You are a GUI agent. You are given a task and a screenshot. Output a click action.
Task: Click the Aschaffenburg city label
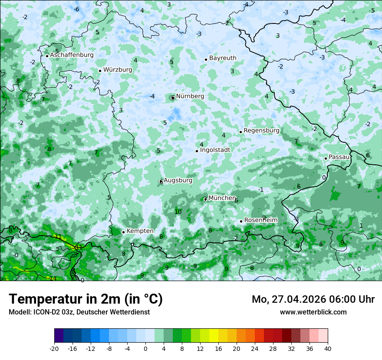click(x=72, y=55)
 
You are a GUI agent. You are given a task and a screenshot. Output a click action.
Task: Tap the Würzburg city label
click(x=118, y=69)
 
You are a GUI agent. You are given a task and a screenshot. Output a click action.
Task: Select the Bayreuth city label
click(x=223, y=58)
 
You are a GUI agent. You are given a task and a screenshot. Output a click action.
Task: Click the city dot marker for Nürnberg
click(x=173, y=98)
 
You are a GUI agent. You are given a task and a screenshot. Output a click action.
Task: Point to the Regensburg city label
click(x=261, y=131)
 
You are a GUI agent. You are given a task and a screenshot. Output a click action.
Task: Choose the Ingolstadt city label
click(x=215, y=150)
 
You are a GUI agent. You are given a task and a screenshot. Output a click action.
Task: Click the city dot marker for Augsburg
click(x=161, y=182)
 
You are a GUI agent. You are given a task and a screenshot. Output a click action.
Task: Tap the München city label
click(x=222, y=198)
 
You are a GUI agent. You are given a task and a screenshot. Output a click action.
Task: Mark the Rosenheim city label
click(x=260, y=220)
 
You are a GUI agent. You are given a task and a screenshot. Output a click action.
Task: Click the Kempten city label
click(x=140, y=231)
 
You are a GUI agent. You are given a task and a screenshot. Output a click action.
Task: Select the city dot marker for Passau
click(x=326, y=158)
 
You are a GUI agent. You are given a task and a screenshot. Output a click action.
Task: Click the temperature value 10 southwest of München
click(x=178, y=212)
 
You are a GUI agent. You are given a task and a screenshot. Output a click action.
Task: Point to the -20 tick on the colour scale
click(x=54, y=348)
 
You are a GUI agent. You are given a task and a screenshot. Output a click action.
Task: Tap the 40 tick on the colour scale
click(x=327, y=348)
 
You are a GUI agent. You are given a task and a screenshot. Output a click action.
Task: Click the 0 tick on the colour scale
click(x=145, y=348)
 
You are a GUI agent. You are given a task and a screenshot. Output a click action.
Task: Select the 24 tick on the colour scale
click(x=255, y=348)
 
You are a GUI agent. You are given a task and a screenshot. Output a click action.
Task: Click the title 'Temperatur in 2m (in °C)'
click(x=86, y=299)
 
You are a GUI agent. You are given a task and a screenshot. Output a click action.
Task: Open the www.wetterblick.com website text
click(x=313, y=312)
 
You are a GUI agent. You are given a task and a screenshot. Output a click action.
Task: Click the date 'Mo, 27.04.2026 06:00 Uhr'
click(x=313, y=299)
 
